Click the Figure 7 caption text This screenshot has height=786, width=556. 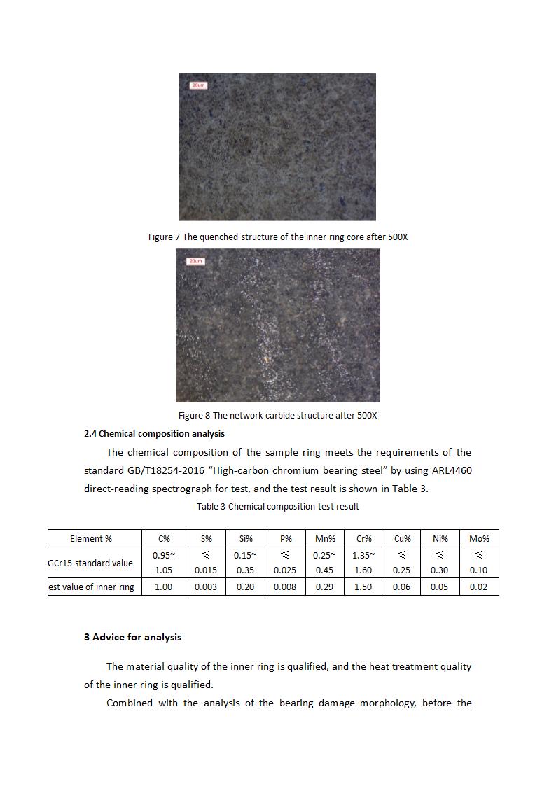[278, 237]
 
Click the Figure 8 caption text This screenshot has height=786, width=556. [277, 415]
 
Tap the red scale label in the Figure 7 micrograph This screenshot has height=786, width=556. [198, 85]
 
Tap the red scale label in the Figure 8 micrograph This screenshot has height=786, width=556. [195, 261]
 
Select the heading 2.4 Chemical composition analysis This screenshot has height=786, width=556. [154, 434]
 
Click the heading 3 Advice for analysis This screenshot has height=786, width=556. [132, 637]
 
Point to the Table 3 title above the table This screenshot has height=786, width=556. [277, 506]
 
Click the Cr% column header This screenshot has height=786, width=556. [363, 539]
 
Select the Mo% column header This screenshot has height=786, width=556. [479, 539]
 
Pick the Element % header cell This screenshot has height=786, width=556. [91, 539]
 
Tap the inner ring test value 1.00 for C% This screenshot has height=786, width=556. [163, 587]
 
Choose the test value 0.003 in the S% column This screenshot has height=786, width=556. [205, 587]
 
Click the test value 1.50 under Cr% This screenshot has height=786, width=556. [363, 587]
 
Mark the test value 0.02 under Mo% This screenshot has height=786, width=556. [478, 587]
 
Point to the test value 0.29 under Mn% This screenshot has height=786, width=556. [324, 587]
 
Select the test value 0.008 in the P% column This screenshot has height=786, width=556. [285, 587]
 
